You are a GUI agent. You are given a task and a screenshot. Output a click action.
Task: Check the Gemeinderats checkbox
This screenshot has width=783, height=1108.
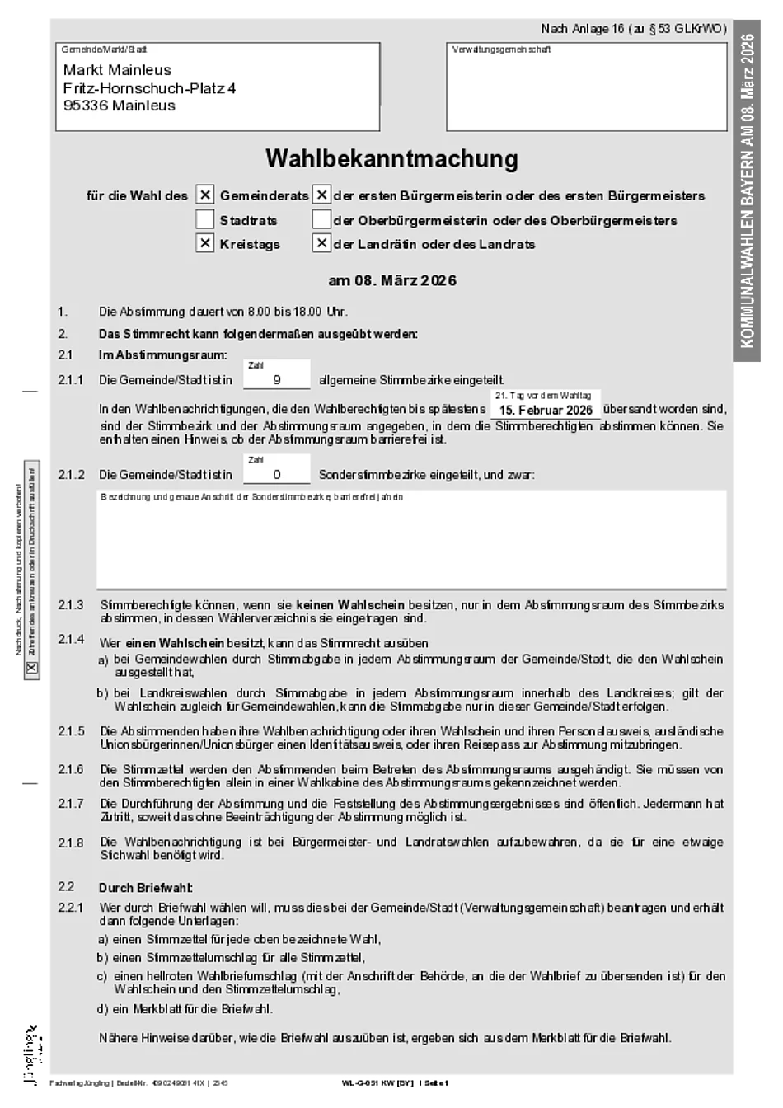point(205,195)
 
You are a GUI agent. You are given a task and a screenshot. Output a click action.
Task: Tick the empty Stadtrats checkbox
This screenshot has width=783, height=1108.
point(205,220)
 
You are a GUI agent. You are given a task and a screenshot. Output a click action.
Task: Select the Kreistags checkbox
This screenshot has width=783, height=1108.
point(205,244)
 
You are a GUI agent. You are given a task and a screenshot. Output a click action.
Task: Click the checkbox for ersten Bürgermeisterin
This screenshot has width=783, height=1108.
point(322,195)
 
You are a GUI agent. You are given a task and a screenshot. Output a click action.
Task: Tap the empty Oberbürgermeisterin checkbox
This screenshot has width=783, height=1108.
point(322,220)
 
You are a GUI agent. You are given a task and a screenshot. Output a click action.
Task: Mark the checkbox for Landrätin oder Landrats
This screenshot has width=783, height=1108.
point(322,244)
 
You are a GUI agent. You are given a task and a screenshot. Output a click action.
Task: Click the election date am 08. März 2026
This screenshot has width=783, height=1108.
point(392,280)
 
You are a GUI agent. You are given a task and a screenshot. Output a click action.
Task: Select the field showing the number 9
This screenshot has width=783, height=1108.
point(277,380)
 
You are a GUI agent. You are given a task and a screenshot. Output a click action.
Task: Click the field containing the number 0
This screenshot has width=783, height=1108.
point(277,474)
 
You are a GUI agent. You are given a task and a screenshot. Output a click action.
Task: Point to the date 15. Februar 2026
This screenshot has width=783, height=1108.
point(546,410)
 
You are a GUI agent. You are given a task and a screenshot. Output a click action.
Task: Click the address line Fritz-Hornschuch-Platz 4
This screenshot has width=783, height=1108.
point(149,88)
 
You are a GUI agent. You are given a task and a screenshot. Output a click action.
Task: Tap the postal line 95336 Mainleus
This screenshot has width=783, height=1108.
point(119,106)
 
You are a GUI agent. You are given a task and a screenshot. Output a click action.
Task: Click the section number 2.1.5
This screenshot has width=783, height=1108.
point(72,731)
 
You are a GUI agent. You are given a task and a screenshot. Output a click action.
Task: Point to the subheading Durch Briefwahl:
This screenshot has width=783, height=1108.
point(145,888)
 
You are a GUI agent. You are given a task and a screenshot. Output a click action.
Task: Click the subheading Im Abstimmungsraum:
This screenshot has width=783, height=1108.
point(162,355)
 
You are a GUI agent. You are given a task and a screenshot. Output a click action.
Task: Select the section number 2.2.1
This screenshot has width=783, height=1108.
point(72,908)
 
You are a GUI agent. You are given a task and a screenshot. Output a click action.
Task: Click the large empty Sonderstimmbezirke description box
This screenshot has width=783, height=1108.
point(411,540)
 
